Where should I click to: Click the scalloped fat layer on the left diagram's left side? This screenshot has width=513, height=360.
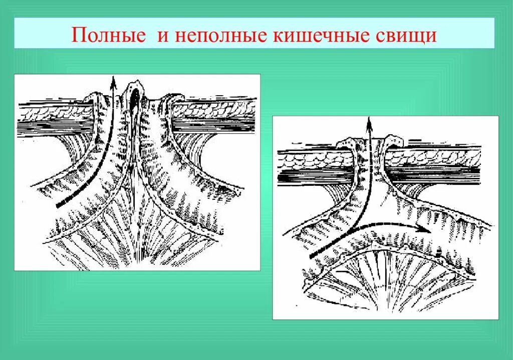[x=50, y=113]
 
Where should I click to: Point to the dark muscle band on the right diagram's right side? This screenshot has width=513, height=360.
[x=441, y=175]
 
